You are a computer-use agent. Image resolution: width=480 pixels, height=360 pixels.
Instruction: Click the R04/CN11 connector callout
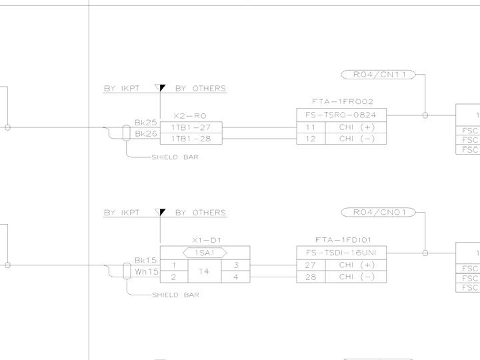point(378,75)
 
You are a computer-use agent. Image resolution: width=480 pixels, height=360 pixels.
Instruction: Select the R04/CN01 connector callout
point(378,213)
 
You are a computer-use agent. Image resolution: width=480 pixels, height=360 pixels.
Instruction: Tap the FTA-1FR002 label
point(343,102)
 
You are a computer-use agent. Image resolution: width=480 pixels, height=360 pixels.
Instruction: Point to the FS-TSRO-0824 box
point(341,115)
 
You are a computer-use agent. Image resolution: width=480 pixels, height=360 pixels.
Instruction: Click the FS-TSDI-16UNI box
point(341,253)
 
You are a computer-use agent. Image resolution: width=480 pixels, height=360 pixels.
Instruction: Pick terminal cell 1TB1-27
point(190,127)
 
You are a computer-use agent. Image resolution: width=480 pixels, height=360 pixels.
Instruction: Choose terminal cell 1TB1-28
point(190,138)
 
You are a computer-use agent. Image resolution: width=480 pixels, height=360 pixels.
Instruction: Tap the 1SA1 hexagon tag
point(205,253)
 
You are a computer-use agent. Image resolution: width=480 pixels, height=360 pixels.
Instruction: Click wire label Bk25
point(145,123)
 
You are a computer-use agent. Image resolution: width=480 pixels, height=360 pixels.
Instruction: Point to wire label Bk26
point(145,134)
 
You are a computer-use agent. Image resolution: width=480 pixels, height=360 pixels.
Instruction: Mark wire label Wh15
point(146,272)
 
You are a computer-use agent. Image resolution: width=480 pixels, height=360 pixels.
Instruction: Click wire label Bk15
point(145,261)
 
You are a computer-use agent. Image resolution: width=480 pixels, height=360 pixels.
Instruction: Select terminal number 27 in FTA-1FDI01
point(311,265)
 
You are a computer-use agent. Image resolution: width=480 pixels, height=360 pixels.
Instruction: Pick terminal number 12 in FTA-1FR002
point(311,139)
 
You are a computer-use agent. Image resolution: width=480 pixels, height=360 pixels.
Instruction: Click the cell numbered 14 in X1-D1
point(205,271)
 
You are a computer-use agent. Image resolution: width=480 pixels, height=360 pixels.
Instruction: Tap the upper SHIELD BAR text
point(175,157)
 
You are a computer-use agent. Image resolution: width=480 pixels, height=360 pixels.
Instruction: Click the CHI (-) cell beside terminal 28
point(356,277)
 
